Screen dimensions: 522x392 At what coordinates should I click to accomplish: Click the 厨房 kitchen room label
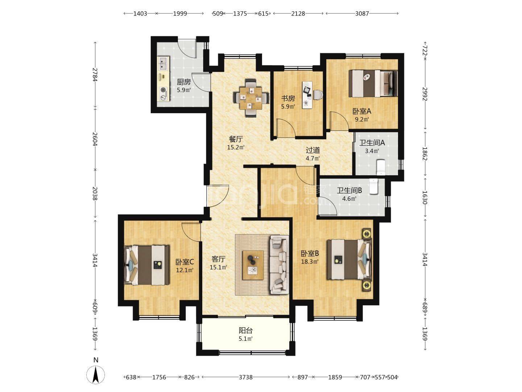pyautogui.click(x=183, y=82)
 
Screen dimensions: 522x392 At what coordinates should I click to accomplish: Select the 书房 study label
pyautogui.click(x=288, y=98)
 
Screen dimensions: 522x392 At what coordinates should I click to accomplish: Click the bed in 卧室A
pyautogui.click(x=373, y=83)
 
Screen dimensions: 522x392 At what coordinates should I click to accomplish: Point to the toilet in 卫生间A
pyautogui.click(x=381, y=167)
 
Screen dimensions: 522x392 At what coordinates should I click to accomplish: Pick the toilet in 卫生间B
pyautogui.click(x=374, y=187)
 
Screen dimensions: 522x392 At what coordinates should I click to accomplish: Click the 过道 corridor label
pyautogui.click(x=313, y=150)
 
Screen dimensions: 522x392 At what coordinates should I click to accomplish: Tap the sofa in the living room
pyautogui.click(x=279, y=265)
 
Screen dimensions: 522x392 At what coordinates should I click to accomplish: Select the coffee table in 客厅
pyautogui.click(x=253, y=265)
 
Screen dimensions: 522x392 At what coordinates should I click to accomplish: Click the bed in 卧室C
pyautogui.click(x=147, y=265)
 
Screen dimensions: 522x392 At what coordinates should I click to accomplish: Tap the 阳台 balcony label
pyautogui.click(x=246, y=330)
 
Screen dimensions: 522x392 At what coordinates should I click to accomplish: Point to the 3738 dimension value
pyautogui.click(x=246, y=377)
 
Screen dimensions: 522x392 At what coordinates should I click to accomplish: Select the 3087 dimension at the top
pyautogui.click(x=362, y=13)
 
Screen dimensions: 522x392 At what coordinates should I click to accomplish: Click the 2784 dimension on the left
pyautogui.click(x=95, y=75)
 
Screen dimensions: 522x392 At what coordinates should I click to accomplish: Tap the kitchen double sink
pyautogui.click(x=163, y=63)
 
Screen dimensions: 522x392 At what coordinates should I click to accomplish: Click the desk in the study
pyautogui.click(x=307, y=95)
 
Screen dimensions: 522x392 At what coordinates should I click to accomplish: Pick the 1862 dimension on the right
pyautogui.click(x=425, y=154)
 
